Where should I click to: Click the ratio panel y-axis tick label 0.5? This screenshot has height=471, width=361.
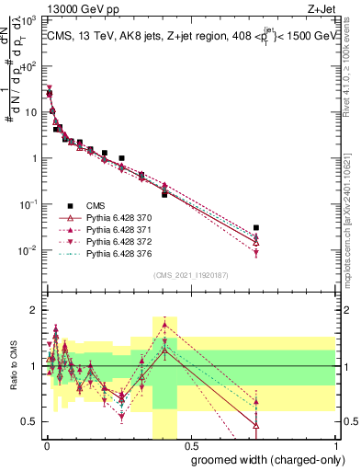point(29,421)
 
